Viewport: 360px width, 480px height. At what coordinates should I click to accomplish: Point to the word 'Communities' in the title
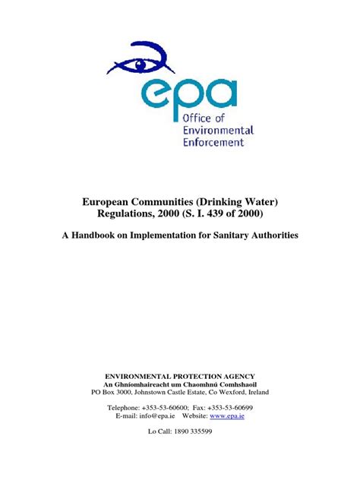pyautogui.click(x=172, y=203)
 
